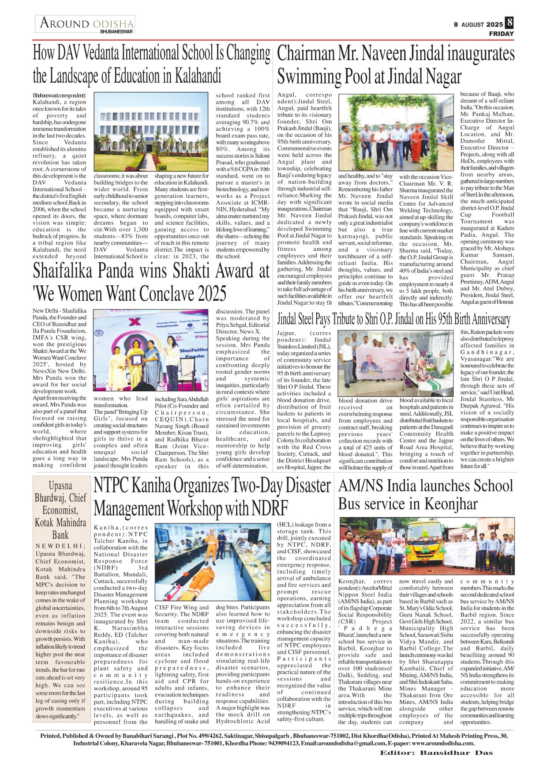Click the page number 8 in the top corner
coord(510,22)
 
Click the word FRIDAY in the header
coord(501,34)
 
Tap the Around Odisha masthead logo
coord(86,23)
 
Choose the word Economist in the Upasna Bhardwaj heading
coord(60,510)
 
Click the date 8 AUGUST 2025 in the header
coord(478,25)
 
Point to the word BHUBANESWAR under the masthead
coord(116,32)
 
